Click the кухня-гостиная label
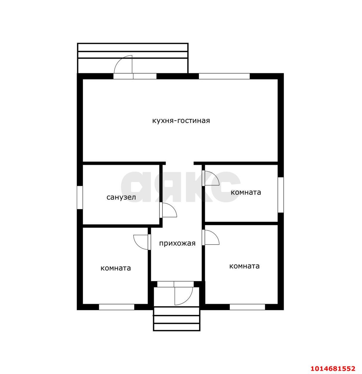point(181,121)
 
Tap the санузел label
point(121,197)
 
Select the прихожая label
point(177,243)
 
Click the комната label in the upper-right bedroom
point(246,192)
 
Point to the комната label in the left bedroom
point(116,268)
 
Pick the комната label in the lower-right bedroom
point(244,266)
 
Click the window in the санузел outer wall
point(80,198)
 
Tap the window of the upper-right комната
point(281,195)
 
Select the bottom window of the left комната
point(116,307)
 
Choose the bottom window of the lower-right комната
point(247,307)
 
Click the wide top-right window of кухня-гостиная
point(224,76)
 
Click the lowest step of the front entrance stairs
point(176,328)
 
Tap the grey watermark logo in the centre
point(181,187)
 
